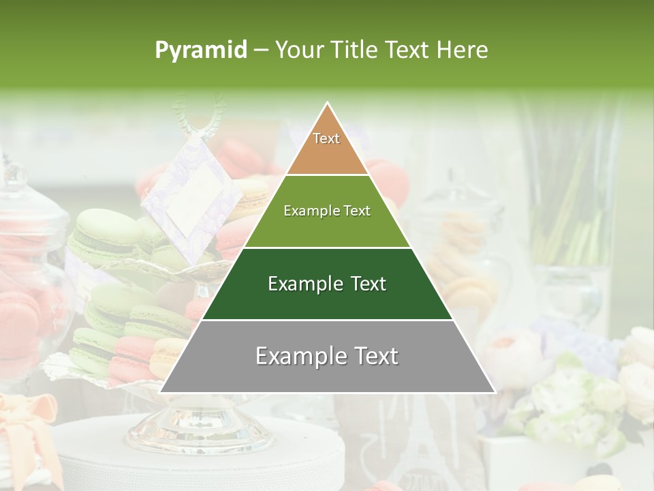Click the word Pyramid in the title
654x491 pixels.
(200, 50)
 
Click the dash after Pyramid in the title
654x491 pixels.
(261, 50)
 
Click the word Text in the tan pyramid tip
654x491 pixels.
(326, 138)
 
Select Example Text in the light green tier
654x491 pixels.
(327, 211)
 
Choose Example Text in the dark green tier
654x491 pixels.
(327, 284)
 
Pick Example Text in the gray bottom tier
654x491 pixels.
(327, 356)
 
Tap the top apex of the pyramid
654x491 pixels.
(328, 103)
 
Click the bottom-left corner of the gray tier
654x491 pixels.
(161, 392)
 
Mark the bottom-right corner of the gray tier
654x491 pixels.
(495, 392)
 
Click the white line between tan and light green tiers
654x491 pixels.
(327, 175)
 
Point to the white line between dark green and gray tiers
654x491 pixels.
(327, 320)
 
